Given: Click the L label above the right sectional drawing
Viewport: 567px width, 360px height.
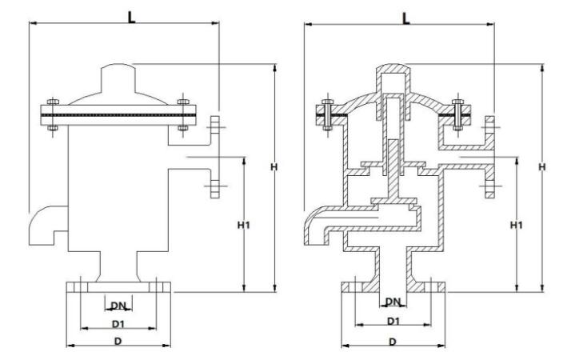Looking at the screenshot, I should coord(405,17).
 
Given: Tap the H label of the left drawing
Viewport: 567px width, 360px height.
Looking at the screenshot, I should coord(274,166).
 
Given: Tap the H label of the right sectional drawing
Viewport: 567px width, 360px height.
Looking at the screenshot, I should coord(542,166).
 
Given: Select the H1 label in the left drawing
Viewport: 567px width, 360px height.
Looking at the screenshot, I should coord(245,226).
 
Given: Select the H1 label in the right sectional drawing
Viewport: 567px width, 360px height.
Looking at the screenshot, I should coord(517,226).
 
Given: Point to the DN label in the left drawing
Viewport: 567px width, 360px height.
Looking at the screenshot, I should coord(118,305).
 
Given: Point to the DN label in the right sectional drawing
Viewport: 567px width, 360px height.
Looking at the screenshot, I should coord(393,302).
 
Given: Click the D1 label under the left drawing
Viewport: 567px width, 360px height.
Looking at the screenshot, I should coord(118,324).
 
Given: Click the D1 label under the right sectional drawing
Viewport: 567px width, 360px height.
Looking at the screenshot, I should coord(393,321).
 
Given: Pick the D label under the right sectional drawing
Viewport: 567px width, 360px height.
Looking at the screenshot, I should coord(393,342).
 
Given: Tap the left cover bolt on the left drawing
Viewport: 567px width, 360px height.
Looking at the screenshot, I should coord(51,114).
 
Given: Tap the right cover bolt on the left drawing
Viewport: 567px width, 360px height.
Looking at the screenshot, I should coord(183,114).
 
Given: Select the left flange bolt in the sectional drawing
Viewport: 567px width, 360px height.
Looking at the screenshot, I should coord(326,114).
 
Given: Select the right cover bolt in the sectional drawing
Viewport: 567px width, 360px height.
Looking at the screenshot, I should coord(458,114).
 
